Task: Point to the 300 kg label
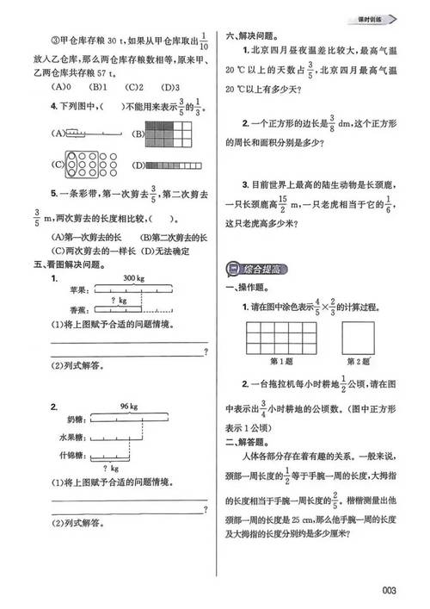pyautogui.click(x=133, y=278)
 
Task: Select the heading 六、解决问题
pyautogui.click(x=249, y=36)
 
